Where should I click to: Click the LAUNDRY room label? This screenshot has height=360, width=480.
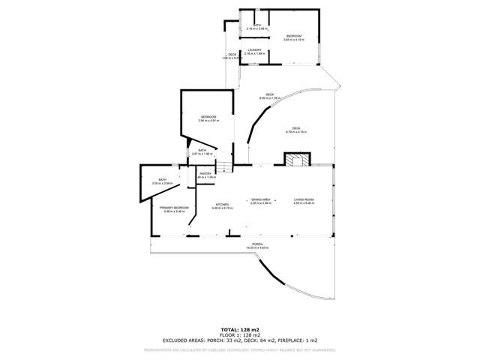click(x=257, y=51)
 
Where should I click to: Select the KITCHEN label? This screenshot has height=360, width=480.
click(x=222, y=205)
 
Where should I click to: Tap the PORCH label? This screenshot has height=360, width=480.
click(x=257, y=244)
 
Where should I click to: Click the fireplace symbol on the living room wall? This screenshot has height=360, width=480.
click(x=295, y=160)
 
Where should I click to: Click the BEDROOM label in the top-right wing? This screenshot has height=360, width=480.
click(x=294, y=36)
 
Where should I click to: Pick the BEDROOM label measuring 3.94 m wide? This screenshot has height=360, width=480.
click(x=208, y=117)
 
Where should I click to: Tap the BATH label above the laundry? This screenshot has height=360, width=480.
click(x=257, y=26)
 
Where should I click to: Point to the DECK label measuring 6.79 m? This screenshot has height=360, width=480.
click(x=296, y=129)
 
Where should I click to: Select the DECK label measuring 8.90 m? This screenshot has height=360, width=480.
click(x=270, y=94)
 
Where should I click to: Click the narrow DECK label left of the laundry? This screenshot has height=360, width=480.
click(x=232, y=54)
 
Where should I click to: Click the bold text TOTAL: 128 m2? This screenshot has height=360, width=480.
click(x=240, y=328)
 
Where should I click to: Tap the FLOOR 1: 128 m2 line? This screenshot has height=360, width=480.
click(x=240, y=334)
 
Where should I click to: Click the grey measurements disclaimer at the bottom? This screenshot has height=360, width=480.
click(x=240, y=349)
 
